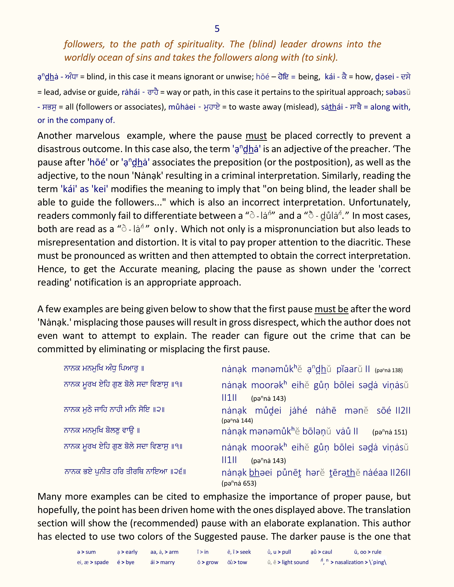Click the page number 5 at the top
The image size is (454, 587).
click(217, 29)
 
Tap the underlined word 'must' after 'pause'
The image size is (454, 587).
click(256, 136)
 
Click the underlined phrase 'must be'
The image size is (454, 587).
click(331, 309)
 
